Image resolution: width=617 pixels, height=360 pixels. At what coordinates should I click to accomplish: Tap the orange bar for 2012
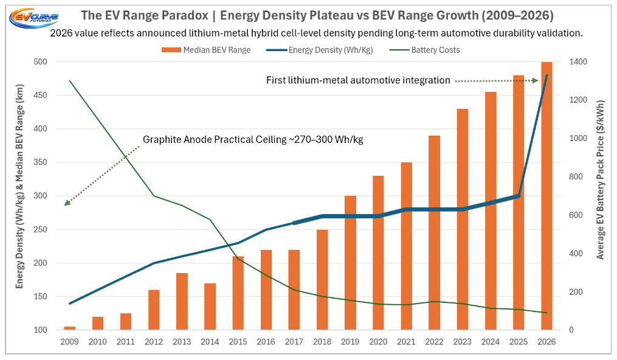point(153,310)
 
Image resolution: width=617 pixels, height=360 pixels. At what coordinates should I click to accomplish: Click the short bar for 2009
point(70,328)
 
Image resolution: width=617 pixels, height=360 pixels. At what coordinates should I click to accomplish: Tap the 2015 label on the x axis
point(238,342)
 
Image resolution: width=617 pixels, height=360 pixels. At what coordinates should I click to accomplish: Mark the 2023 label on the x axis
point(463,342)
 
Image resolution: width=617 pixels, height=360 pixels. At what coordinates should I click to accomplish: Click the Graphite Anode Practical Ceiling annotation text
point(253,139)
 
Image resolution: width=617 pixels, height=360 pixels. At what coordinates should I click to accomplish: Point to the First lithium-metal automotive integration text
point(358,80)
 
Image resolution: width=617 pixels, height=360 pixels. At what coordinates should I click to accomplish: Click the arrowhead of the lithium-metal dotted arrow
point(536,80)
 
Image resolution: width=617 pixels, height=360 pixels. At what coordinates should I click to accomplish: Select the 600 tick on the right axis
point(574,215)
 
